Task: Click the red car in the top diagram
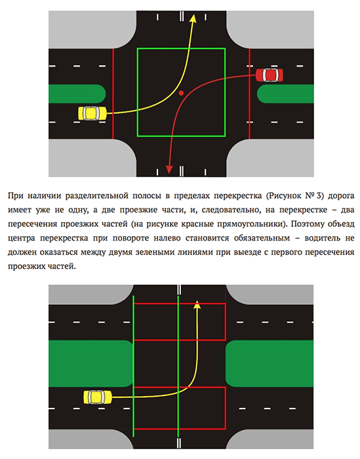coord(270,75)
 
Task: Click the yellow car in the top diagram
coord(92,113)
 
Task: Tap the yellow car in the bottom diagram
coord(98,397)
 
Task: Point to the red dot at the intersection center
coord(181,93)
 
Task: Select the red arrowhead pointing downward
coord(169,169)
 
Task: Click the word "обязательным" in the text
coord(262,238)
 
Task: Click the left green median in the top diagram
coord(77,94)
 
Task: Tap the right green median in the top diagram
coord(285,94)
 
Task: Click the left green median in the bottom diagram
coord(91,363)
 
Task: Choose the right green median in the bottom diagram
coord(270,363)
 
